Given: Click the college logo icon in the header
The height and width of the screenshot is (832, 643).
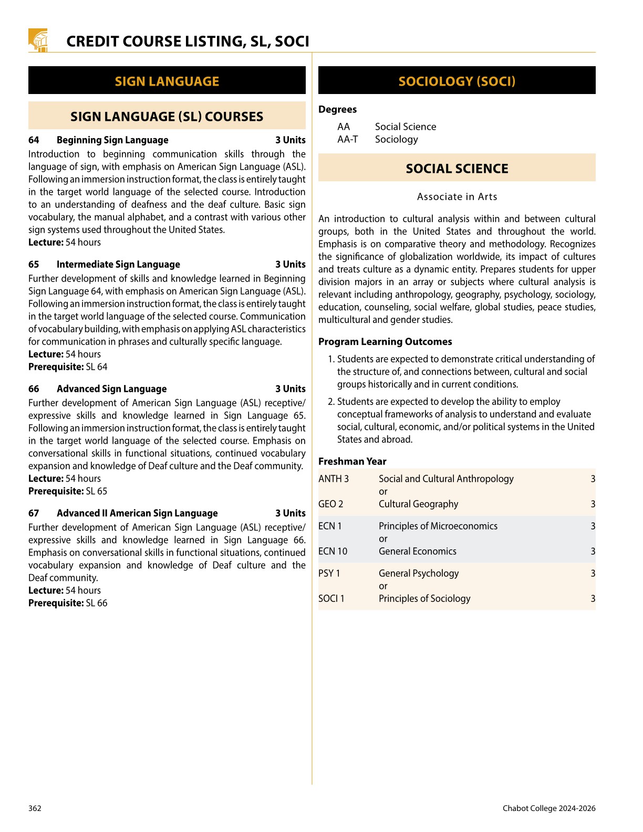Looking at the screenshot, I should pyautogui.click(x=38, y=40).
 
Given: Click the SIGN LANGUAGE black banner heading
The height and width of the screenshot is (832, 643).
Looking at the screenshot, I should pyautogui.click(x=167, y=81).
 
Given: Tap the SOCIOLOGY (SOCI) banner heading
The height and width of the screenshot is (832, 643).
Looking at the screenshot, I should pyautogui.click(x=457, y=81).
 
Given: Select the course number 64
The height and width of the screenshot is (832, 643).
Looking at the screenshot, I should pyautogui.click(x=34, y=140).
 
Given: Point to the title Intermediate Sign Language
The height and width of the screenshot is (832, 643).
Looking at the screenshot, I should pyautogui.click(x=118, y=265).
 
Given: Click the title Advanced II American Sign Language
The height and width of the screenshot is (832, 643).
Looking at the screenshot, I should pyautogui.click(x=137, y=514).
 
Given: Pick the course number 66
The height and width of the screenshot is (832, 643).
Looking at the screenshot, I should pyautogui.click(x=34, y=389).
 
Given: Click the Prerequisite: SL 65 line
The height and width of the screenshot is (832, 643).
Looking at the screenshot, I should pyautogui.click(x=68, y=492).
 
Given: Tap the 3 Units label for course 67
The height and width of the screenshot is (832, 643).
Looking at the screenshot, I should pyautogui.click(x=290, y=514).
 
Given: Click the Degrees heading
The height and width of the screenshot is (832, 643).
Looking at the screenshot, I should pyautogui.click(x=337, y=110).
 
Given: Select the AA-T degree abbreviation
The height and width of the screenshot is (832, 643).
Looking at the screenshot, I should pyautogui.click(x=347, y=140).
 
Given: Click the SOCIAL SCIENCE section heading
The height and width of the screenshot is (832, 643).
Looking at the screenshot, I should pyautogui.click(x=457, y=169).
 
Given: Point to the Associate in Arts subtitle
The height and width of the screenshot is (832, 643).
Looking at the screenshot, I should pyautogui.click(x=457, y=197).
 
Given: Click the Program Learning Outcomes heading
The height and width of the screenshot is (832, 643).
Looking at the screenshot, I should pyautogui.click(x=385, y=342).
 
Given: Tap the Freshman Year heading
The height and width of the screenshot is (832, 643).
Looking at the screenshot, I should pyautogui.click(x=352, y=462).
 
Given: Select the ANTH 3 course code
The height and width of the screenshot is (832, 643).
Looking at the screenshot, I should pyautogui.click(x=333, y=479).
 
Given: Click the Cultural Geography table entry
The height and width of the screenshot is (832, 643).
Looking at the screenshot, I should pyautogui.click(x=418, y=504).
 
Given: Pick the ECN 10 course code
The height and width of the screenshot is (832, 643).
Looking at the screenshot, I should pyautogui.click(x=333, y=552).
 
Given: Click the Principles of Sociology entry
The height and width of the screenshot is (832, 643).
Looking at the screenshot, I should pyautogui.click(x=424, y=599).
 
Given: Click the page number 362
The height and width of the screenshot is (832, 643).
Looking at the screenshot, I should pyautogui.click(x=35, y=808).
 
